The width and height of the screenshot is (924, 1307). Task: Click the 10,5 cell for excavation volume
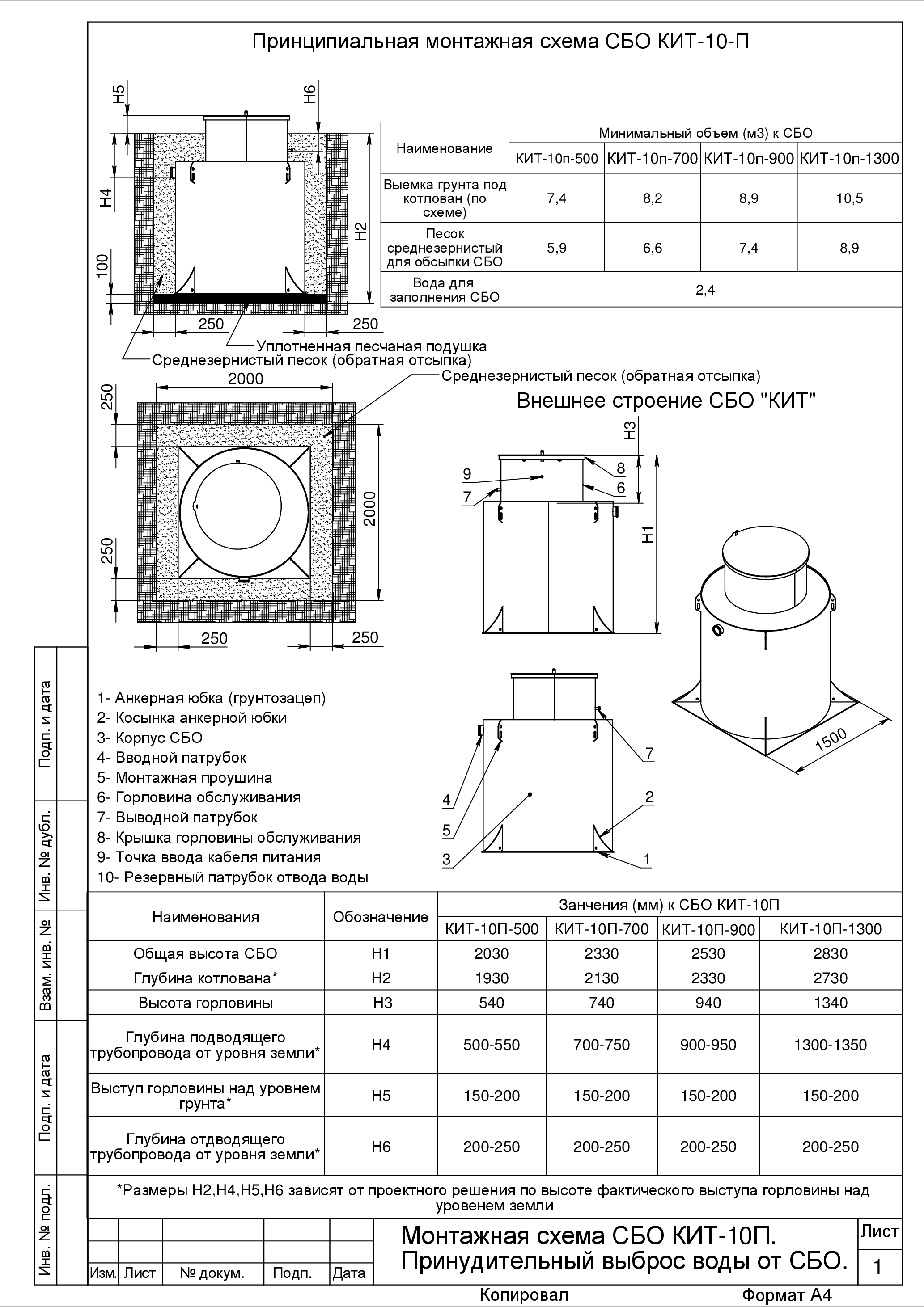click(849, 198)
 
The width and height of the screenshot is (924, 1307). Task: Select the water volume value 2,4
click(705, 290)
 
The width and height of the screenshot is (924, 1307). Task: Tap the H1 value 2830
click(831, 953)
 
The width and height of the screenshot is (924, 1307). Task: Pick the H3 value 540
click(491, 1003)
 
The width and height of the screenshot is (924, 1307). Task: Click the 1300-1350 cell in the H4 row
click(831, 1045)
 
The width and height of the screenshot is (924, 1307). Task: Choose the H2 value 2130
click(601, 978)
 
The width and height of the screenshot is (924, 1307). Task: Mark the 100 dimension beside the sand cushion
click(102, 265)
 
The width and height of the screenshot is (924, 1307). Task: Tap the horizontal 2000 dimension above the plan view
click(246, 379)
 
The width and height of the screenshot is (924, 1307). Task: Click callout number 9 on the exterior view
click(467, 474)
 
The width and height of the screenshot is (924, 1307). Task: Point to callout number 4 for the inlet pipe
click(447, 800)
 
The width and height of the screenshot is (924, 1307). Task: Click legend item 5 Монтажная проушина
click(185, 778)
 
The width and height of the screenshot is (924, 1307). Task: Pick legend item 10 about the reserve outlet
click(233, 877)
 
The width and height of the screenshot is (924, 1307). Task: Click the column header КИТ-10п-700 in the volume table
click(652, 158)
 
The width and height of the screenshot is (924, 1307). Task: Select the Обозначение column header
click(381, 916)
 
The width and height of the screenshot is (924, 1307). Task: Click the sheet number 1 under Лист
click(878, 1267)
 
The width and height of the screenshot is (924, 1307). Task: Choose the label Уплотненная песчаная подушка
click(371, 346)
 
